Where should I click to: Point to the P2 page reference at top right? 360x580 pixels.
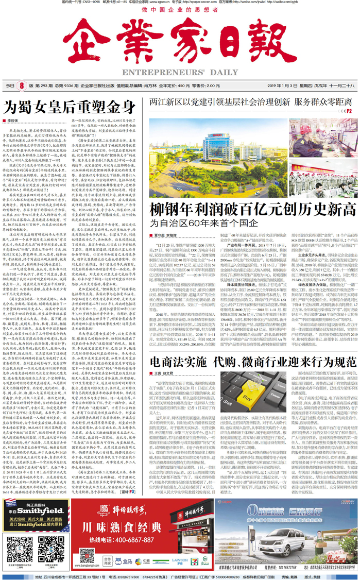pos(349,110)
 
